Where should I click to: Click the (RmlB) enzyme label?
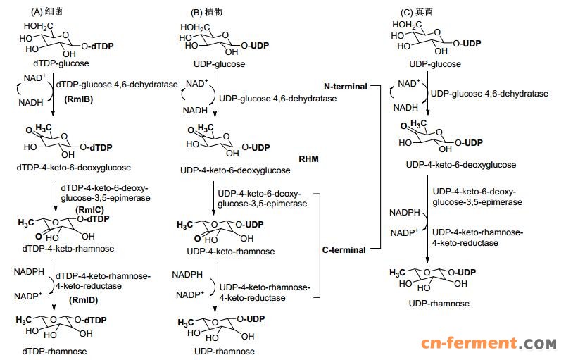pos(80,99)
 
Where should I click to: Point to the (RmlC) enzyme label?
pos(90,209)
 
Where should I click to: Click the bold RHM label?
pos(309,159)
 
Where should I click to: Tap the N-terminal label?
pos(346,87)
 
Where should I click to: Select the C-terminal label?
pos(344,249)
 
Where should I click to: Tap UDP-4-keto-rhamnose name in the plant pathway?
pos(221,252)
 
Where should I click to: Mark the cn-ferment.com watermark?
pos(489,344)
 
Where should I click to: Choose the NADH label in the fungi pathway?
pos(405,107)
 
